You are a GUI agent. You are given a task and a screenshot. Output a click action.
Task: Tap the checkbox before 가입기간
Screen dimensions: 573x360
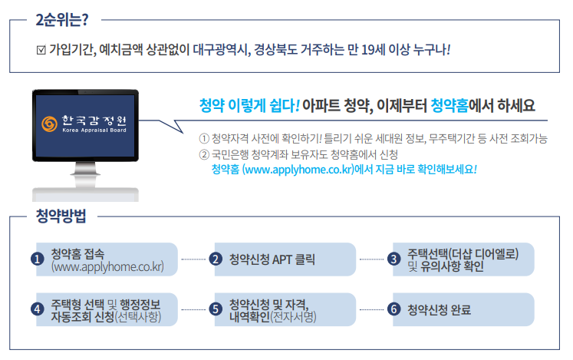point(41,51)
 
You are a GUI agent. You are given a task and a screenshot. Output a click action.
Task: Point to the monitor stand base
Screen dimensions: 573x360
point(85,193)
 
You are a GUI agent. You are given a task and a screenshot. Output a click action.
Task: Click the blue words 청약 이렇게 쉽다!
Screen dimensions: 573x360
point(249,104)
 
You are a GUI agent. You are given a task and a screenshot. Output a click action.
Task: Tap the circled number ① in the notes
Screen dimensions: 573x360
point(204,139)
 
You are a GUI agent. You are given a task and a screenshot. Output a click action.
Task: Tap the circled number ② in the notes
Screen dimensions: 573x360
point(204,154)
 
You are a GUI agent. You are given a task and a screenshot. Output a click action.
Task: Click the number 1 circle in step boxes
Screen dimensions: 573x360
point(37,259)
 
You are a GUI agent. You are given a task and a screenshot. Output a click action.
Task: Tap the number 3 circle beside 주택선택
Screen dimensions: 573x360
point(394,259)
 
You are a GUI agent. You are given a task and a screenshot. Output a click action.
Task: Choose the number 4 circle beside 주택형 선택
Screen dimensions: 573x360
point(37,309)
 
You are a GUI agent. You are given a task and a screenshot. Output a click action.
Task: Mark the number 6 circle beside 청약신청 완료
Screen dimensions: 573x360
point(394,309)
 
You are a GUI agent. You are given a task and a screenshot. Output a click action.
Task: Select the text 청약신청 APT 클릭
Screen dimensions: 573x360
point(272,259)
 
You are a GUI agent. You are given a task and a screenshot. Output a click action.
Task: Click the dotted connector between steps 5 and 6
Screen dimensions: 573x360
point(372,309)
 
